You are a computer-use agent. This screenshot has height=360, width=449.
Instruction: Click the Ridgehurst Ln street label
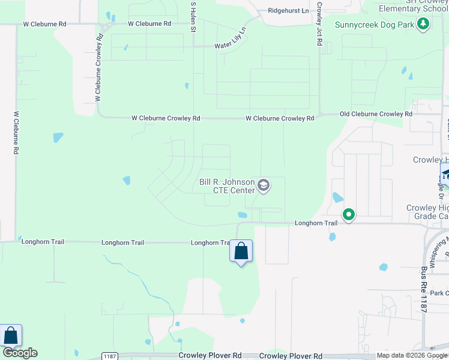coord(288,11)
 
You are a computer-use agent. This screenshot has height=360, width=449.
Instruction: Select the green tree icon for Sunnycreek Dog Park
coord(424,24)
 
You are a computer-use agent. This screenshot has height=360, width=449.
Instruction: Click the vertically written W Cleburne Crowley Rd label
coord(99,66)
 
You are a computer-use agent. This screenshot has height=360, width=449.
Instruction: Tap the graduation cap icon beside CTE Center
coord(263,186)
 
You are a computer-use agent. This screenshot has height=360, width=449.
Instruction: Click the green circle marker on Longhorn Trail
coord(348,214)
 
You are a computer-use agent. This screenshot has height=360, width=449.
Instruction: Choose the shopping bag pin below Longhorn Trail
coord(241,251)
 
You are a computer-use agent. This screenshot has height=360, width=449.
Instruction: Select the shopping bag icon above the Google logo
coord(11,335)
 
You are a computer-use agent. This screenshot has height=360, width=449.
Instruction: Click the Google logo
coord(20,353)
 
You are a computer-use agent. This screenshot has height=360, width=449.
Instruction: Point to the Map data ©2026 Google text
coord(411,356)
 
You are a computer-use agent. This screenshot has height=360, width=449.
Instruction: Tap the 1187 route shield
coord(109,356)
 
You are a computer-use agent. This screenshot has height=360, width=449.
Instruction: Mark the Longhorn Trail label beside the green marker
coord(316,223)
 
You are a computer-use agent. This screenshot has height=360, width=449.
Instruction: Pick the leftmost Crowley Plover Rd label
coord(212,356)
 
